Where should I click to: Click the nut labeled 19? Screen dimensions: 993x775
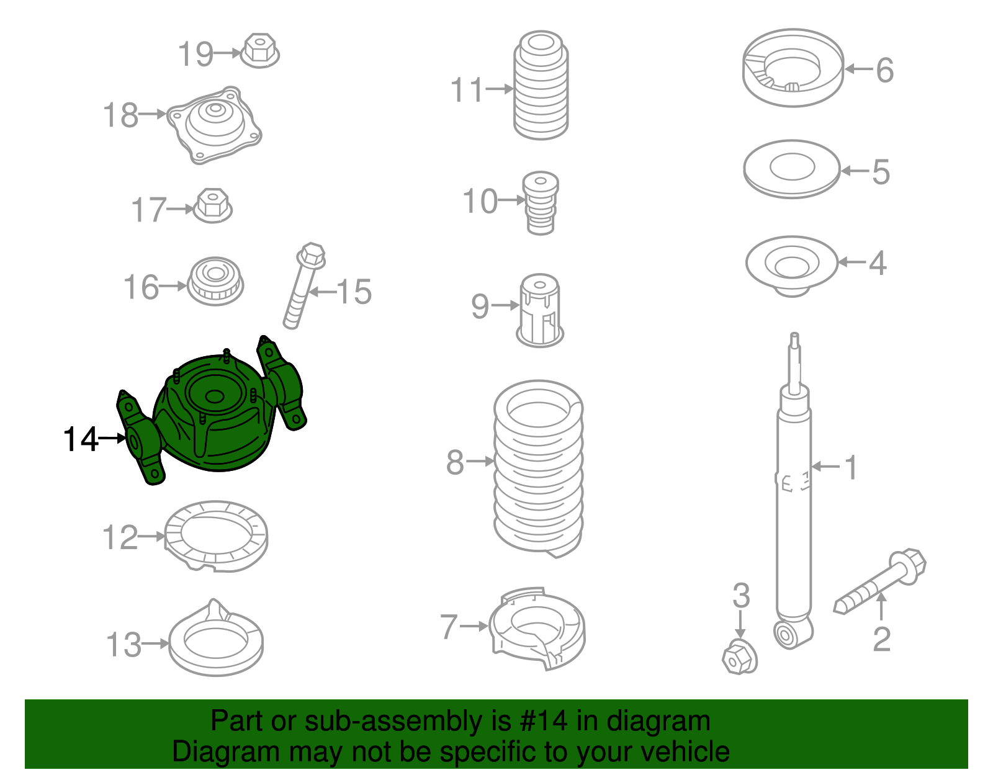click(x=259, y=51)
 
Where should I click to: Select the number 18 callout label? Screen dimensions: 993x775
click(x=120, y=115)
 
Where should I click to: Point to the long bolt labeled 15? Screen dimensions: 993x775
click(x=303, y=285)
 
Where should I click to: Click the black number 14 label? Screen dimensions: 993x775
click(x=81, y=439)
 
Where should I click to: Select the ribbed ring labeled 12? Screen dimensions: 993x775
click(x=216, y=536)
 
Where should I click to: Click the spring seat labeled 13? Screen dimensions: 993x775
click(x=216, y=638)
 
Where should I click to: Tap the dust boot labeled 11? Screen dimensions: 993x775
click(x=541, y=86)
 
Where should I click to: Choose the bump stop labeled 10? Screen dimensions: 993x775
click(x=541, y=203)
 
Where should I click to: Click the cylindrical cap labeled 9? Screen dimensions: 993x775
click(x=540, y=310)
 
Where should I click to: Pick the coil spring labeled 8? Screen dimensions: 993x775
click(x=538, y=468)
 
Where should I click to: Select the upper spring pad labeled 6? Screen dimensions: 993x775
click(x=793, y=68)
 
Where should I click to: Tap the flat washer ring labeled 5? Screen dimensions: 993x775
click(x=791, y=169)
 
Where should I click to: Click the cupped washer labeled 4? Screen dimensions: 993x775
click(x=792, y=266)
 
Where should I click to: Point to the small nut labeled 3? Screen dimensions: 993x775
click(x=739, y=656)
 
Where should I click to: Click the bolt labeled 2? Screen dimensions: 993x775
click(x=879, y=580)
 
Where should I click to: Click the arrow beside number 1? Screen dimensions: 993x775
click(x=826, y=466)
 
